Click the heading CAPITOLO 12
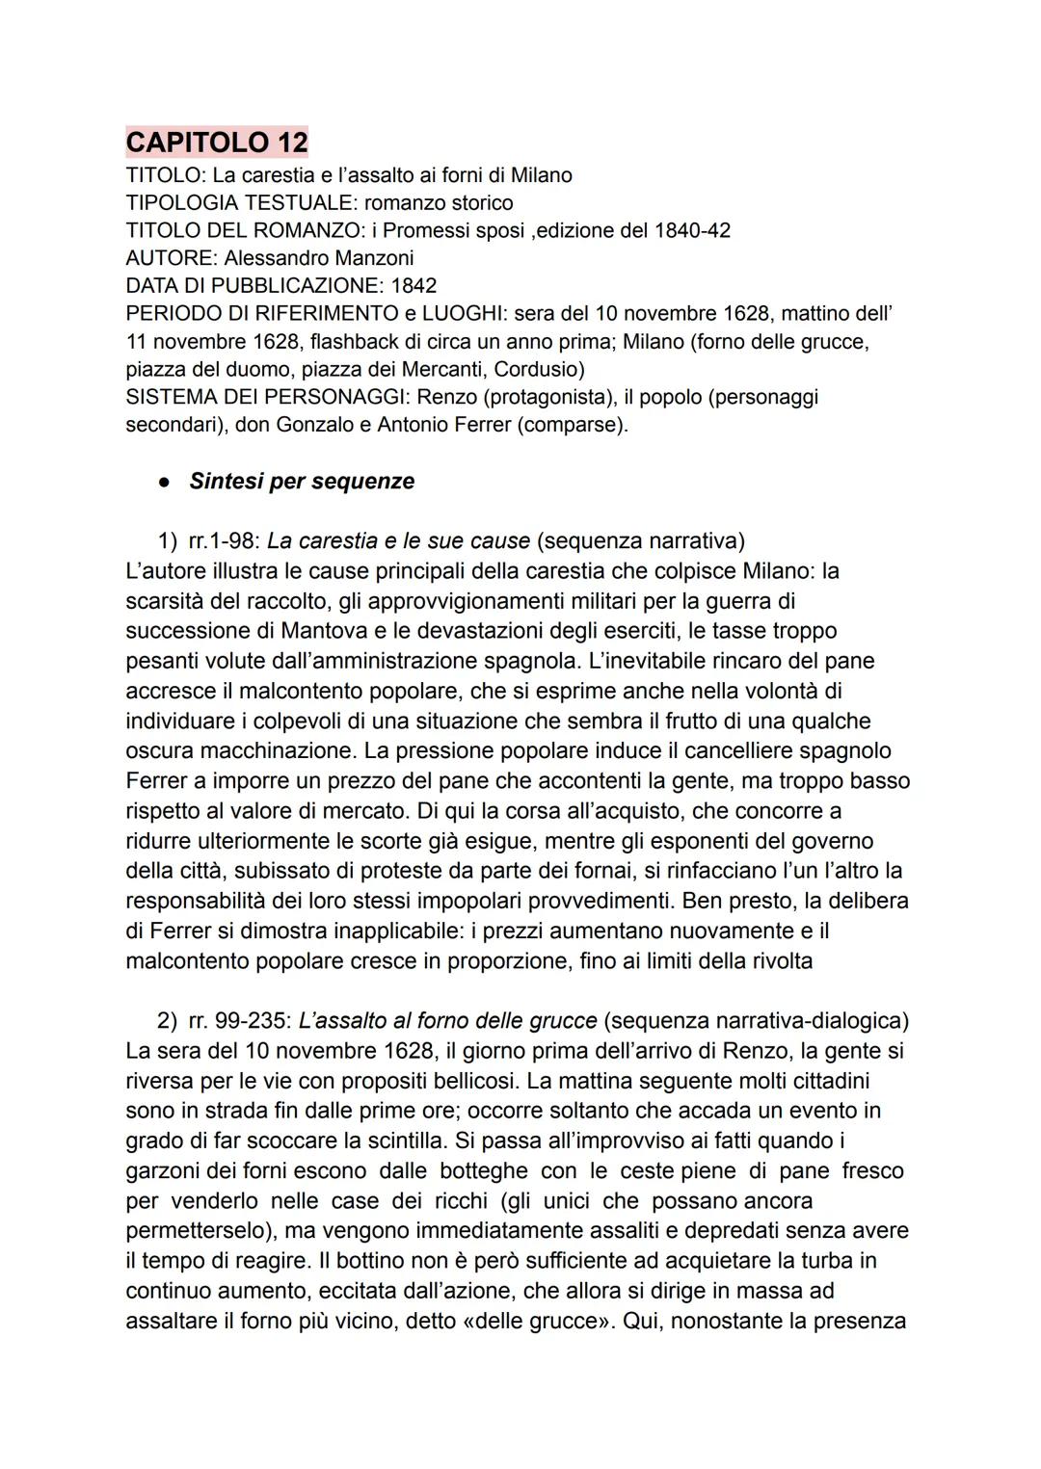click(217, 143)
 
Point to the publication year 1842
click(414, 286)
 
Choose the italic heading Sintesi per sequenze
click(302, 482)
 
